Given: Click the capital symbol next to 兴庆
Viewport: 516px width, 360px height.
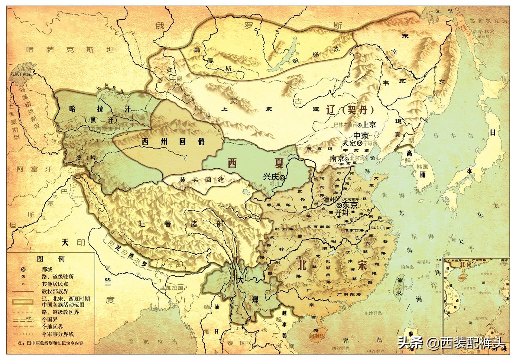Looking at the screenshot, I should pos(283,178).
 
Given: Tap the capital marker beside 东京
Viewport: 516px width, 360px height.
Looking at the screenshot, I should pos(339,205).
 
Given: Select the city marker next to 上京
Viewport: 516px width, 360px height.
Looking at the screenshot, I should pos(360,125).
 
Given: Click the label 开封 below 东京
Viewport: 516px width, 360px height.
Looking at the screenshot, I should pos(342,213).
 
